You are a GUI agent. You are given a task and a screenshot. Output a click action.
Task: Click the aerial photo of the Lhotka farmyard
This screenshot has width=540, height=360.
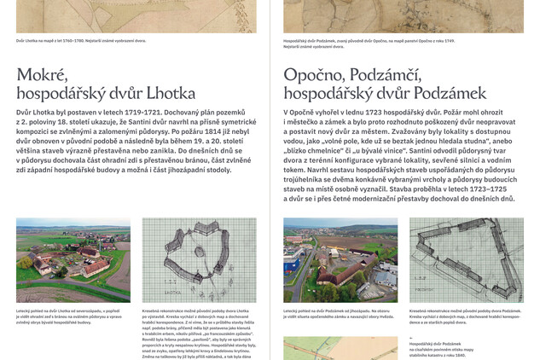[73, 259]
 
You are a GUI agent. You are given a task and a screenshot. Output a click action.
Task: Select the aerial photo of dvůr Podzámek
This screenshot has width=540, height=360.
[340, 259]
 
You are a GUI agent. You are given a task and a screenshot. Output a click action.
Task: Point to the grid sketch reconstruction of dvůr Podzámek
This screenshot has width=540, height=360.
[466, 259]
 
